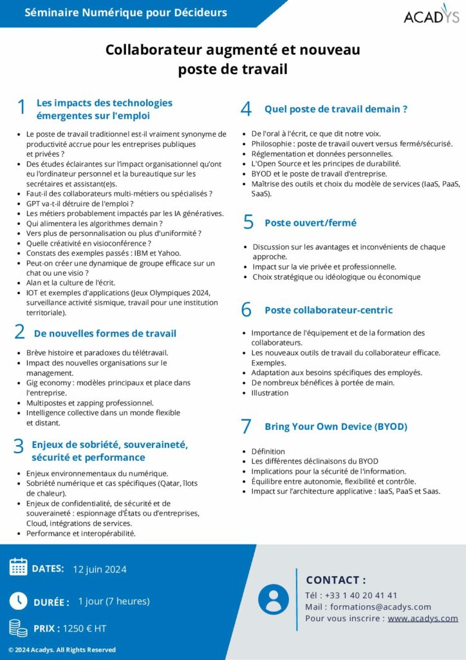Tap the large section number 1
(x=22, y=108)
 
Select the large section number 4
(x=246, y=109)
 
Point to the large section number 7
(x=246, y=426)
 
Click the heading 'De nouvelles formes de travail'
(x=105, y=333)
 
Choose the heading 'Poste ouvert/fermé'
(x=310, y=222)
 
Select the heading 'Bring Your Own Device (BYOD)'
(x=335, y=427)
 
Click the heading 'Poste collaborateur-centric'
(x=328, y=310)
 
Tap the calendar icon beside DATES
(x=18, y=567)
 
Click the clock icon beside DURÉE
(x=18, y=601)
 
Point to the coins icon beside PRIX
(x=18, y=628)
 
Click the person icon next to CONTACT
(x=274, y=599)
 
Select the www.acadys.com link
(x=422, y=618)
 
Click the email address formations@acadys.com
(x=380, y=607)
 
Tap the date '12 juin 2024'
(x=100, y=569)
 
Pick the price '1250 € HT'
(x=85, y=628)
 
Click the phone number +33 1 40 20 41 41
(x=361, y=595)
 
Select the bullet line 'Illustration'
(x=270, y=393)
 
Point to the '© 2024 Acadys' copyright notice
(x=62, y=650)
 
